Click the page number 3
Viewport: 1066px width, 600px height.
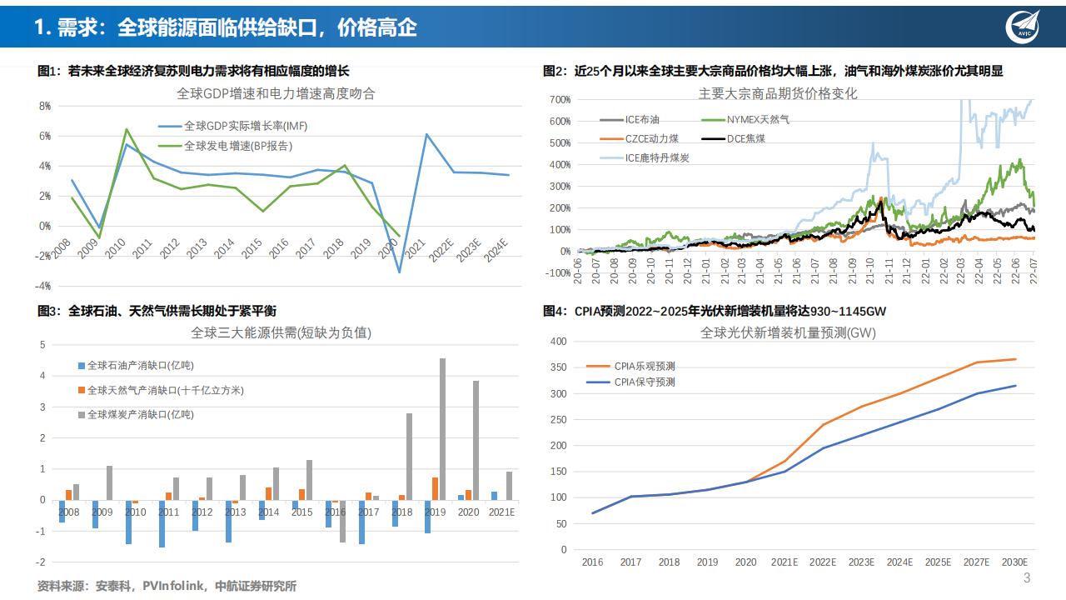(x=1026, y=578)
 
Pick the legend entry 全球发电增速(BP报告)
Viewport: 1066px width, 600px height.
(x=227, y=146)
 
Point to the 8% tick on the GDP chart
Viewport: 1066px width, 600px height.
(x=45, y=106)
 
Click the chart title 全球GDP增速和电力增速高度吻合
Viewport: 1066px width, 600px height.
(x=276, y=93)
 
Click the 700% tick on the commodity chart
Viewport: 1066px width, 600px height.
(x=560, y=100)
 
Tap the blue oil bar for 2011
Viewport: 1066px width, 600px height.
(x=162, y=523)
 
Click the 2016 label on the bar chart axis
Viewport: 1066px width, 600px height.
(x=335, y=512)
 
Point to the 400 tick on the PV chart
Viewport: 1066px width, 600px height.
(x=558, y=342)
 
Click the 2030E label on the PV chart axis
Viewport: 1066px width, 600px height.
(x=1014, y=562)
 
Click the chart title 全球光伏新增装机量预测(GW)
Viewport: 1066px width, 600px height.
(x=788, y=332)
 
